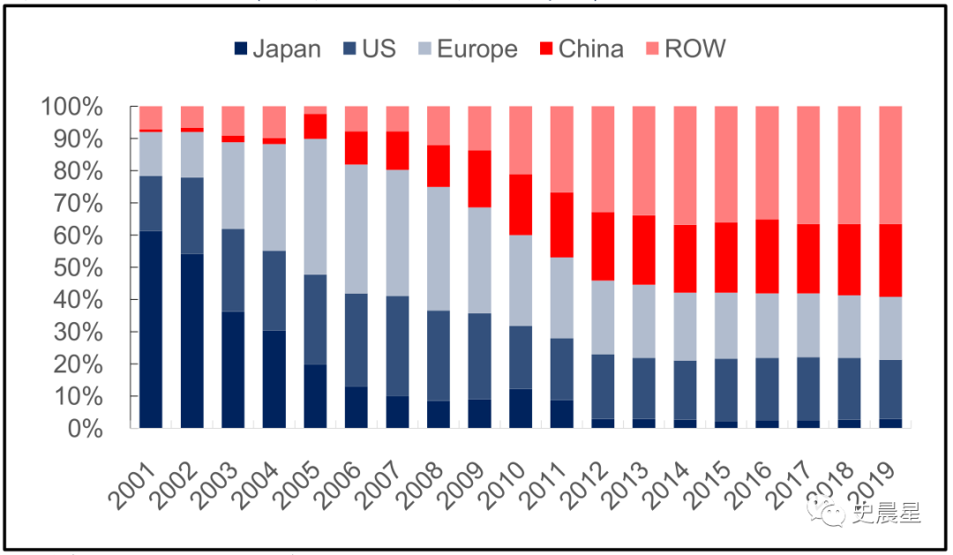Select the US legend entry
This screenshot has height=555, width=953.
[367, 49]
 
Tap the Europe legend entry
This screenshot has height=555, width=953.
[464, 49]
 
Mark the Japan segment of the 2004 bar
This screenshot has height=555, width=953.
[274, 379]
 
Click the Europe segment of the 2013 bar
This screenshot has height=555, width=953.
[643, 321]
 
